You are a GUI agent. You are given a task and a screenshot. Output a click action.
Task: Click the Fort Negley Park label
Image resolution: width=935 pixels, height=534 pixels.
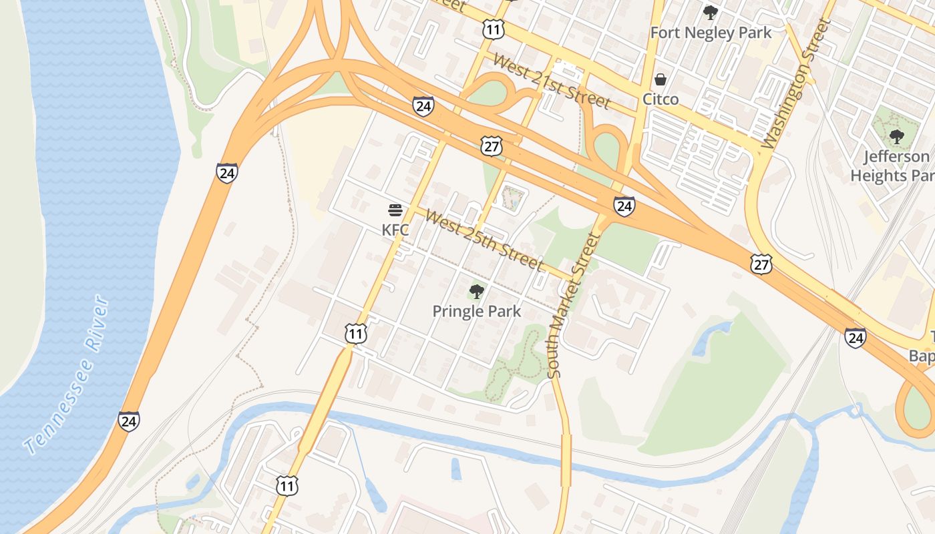(711, 33)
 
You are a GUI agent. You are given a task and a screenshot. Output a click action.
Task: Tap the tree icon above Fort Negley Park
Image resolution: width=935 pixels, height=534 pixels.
(711, 12)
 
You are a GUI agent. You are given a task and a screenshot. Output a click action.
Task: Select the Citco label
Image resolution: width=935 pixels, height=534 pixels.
(661, 99)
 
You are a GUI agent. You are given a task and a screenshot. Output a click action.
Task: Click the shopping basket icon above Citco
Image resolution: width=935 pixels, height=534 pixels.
(661, 80)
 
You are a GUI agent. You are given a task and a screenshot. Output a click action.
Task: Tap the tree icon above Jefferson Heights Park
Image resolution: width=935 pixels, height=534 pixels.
(896, 137)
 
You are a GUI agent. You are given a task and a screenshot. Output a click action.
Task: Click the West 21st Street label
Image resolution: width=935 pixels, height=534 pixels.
(551, 81)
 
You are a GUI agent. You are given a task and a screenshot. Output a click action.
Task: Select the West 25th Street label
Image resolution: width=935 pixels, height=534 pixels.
(484, 240)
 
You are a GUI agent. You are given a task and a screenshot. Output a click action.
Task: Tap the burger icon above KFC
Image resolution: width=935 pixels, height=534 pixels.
(395, 211)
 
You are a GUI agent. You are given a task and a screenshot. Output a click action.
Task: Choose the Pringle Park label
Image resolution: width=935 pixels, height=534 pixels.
(477, 311)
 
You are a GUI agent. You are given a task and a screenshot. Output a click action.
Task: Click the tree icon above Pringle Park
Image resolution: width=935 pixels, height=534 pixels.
(477, 291)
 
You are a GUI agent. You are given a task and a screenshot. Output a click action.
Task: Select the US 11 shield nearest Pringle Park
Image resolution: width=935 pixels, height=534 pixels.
(356, 333)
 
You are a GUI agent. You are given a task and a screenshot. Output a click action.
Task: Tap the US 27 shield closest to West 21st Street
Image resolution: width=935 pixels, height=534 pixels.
(492, 147)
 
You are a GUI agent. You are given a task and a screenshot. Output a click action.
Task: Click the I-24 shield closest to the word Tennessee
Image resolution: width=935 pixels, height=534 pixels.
(129, 421)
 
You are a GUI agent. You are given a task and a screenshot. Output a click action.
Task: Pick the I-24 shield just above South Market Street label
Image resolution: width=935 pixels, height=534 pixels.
(624, 206)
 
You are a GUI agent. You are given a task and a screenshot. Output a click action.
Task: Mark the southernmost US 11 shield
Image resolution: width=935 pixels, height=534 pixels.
(287, 485)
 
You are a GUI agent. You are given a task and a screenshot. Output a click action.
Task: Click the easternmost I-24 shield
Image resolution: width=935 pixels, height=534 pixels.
(856, 338)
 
